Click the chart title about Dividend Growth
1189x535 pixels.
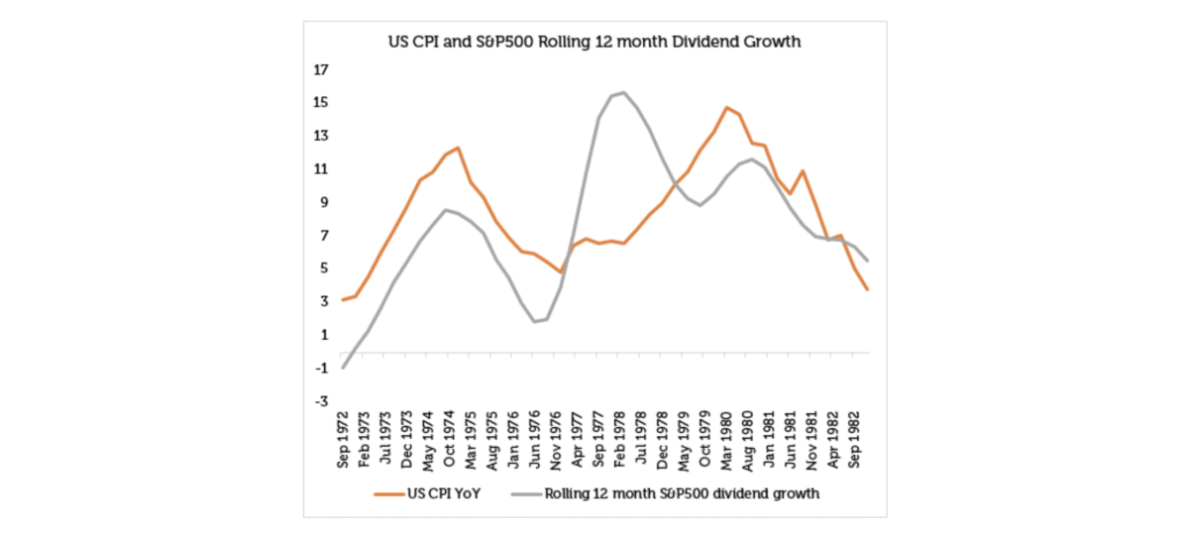click(594, 44)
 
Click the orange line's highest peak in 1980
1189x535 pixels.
click(726, 107)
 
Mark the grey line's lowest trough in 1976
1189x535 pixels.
click(534, 321)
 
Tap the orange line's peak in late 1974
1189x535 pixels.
click(458, 148)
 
